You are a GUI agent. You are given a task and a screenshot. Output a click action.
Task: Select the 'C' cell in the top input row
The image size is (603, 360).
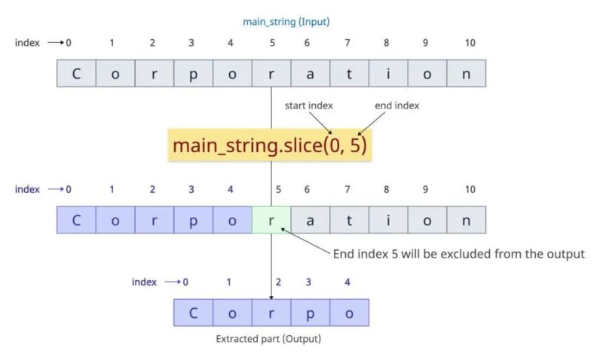(76, 73)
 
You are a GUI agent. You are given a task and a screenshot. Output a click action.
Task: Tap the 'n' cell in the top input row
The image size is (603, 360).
(466, 73)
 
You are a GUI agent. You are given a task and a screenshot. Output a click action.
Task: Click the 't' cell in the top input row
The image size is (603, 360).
(348, 73)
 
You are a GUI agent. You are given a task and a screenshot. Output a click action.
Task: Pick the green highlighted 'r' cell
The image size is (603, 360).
(271, 220)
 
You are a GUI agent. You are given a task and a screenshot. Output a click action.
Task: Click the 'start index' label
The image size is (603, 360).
(308, 105)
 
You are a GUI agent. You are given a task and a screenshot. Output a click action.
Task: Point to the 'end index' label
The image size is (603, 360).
(396, 105)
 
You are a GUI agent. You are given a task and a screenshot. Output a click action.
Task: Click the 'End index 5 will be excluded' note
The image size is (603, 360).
(459, 254)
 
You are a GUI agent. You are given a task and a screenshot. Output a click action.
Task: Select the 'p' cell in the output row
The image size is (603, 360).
(311, 313)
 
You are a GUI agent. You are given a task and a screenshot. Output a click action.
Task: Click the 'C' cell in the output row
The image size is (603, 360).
(193, 313)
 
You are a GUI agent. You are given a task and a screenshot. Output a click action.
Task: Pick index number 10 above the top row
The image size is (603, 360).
(470, 43)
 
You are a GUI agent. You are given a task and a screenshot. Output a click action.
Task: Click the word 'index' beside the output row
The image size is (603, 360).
(144, 282)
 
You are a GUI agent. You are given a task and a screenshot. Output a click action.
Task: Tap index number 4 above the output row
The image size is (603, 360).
(347, 282)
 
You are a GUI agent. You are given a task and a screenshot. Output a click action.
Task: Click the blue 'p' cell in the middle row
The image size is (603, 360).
(194, 220)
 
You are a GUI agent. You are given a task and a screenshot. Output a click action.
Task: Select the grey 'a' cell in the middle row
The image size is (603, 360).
(309, 220)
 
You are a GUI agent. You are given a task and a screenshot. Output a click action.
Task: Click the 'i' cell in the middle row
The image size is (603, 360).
(387, 220)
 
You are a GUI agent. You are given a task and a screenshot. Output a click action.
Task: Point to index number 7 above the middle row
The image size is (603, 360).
(347, 190)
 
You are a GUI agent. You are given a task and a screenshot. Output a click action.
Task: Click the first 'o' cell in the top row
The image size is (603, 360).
(115, 73)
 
